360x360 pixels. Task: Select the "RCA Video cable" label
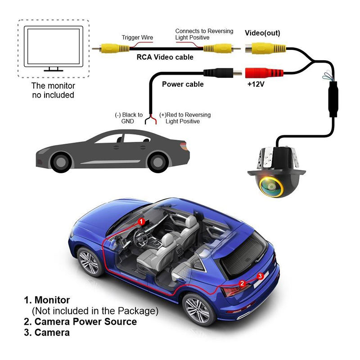point(165,57)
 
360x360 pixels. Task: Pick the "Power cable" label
point(183,84)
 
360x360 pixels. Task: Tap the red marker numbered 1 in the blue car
point(141,221)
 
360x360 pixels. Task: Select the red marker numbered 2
point(243,283)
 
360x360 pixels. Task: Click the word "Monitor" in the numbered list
point(53,300)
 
